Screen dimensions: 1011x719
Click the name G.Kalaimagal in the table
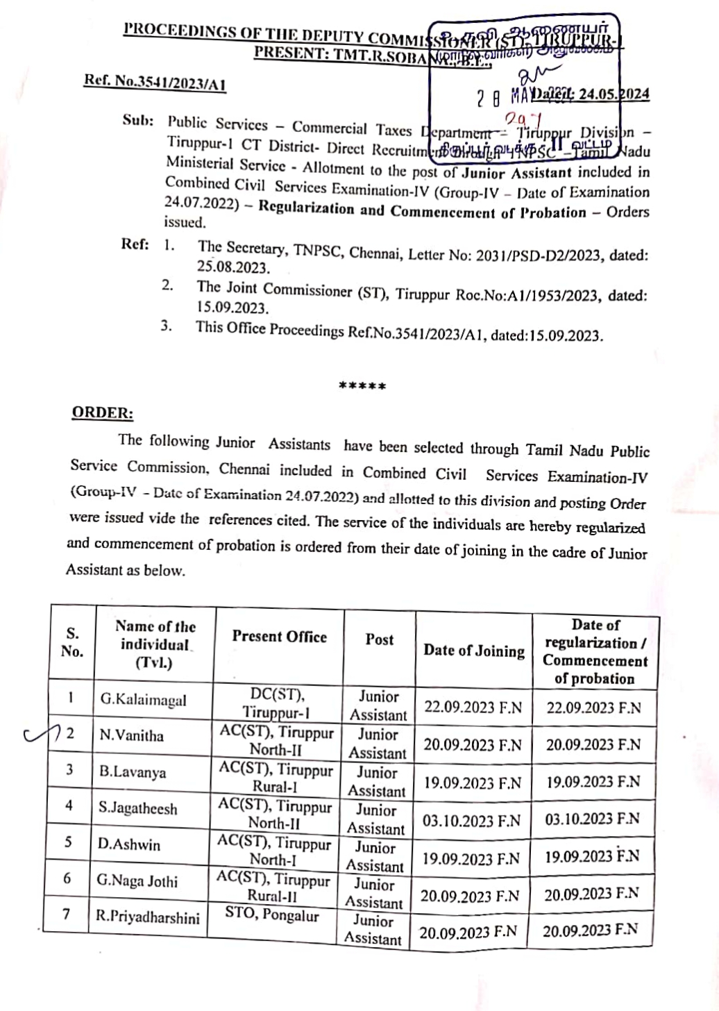click(x=143, y=700)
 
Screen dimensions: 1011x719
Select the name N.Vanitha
click(x=131, y=735)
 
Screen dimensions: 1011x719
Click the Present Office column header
click(x=279, y=637)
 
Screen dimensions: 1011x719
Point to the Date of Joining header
click(x=474, y=651)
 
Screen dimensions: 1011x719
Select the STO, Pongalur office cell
click(x=272, y=915)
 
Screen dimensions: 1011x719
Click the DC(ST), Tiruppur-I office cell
click(x=276, y=703)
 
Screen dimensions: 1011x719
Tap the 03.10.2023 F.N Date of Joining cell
click(x=471, y=821)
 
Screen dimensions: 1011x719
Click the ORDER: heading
click(x=103, y=412)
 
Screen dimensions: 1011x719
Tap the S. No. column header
click(x=72, y=642)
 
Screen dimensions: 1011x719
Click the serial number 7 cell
click(x=66, y=914)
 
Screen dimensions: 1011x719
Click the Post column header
click(x=379, y=640)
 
